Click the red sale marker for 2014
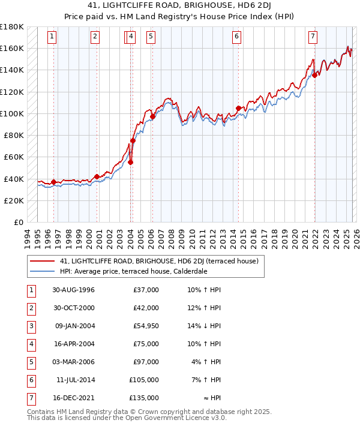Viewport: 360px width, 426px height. [x=239, y=108]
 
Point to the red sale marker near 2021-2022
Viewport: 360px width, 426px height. [x=314, y=76]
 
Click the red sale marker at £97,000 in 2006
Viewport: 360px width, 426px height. [x=152, y=116]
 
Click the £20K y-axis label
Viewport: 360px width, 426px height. [x=13, y=200]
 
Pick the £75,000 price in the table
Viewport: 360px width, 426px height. [x=146, y=344]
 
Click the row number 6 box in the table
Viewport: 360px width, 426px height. [x=30, y=380]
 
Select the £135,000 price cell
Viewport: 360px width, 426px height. [x=145, y=398]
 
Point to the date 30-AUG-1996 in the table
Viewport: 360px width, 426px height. [x=74, y=290]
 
